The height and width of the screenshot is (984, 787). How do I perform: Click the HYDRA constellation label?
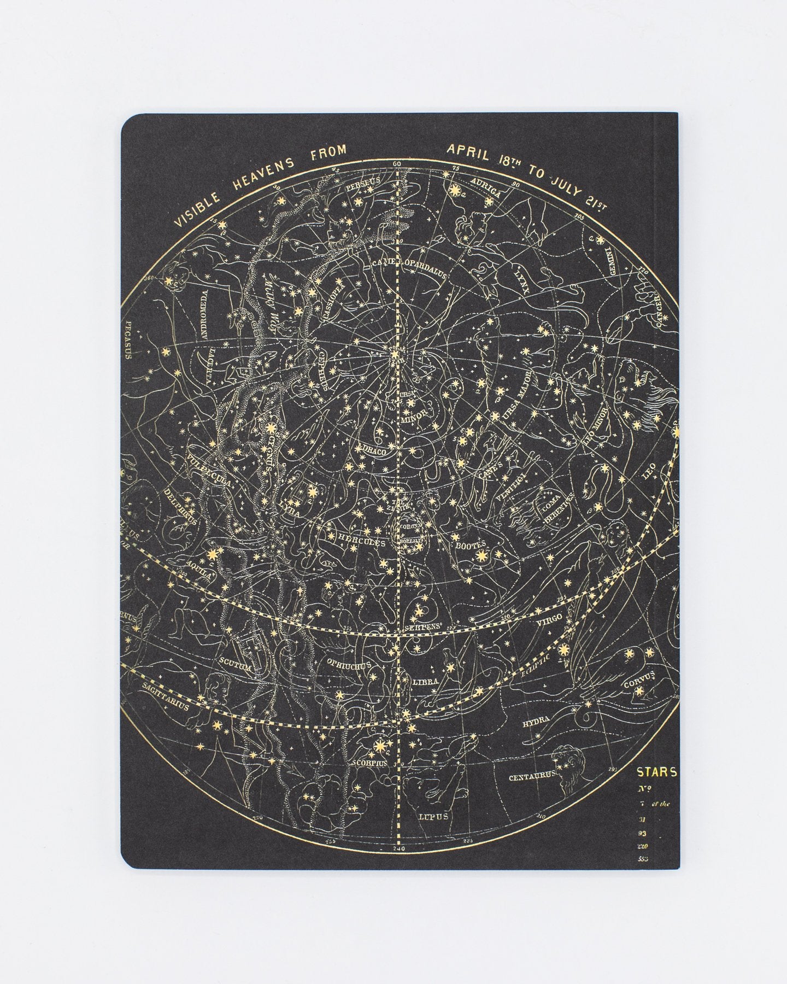click(x=536, y=723)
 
